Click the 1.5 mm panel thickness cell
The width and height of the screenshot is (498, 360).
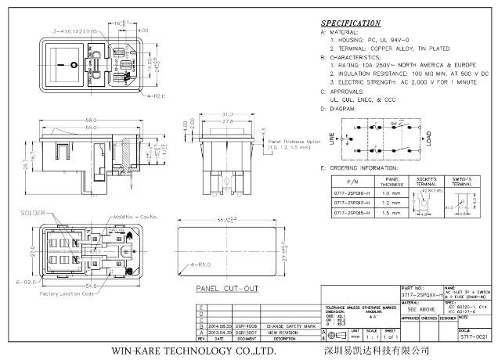click(390, 212)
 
